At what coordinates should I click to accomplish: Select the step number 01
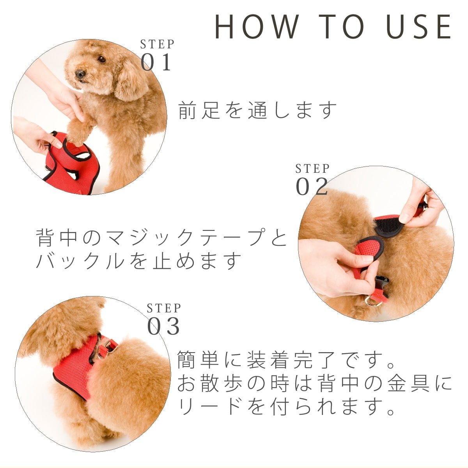click(x=156, y=62)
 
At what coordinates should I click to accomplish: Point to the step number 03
click(x=163, y=326)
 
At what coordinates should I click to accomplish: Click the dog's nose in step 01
click(x=80, y=74)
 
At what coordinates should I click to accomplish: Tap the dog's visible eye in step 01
click(x=101, y=59)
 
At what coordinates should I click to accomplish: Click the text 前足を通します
click(x=257, y=110)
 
